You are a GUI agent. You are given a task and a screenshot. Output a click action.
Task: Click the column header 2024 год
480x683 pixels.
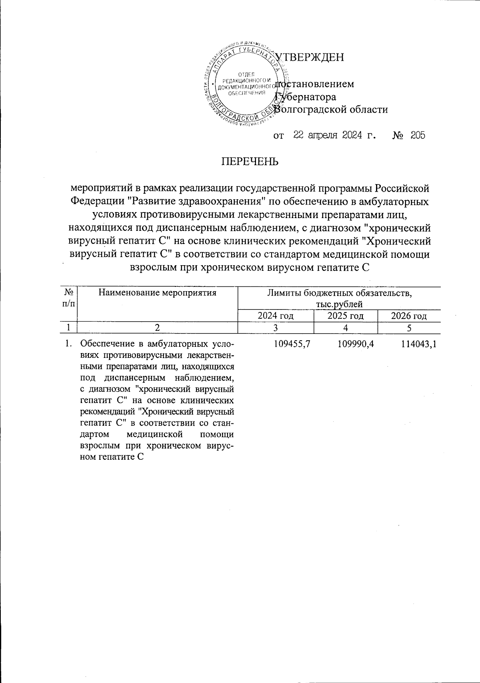click(x=276, y=316)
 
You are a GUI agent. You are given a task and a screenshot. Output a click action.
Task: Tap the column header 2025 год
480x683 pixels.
click(x=346, y=316)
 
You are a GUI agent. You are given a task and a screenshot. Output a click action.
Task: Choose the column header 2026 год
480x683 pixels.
click(x=409, y=316)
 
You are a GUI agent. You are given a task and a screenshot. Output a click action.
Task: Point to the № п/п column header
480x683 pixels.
click(x=69, y=298)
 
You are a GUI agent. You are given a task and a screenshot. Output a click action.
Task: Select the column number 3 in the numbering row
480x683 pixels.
click(x=276, y=328)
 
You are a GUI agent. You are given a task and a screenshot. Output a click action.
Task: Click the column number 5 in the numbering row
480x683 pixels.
click(x=409, y=328)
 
